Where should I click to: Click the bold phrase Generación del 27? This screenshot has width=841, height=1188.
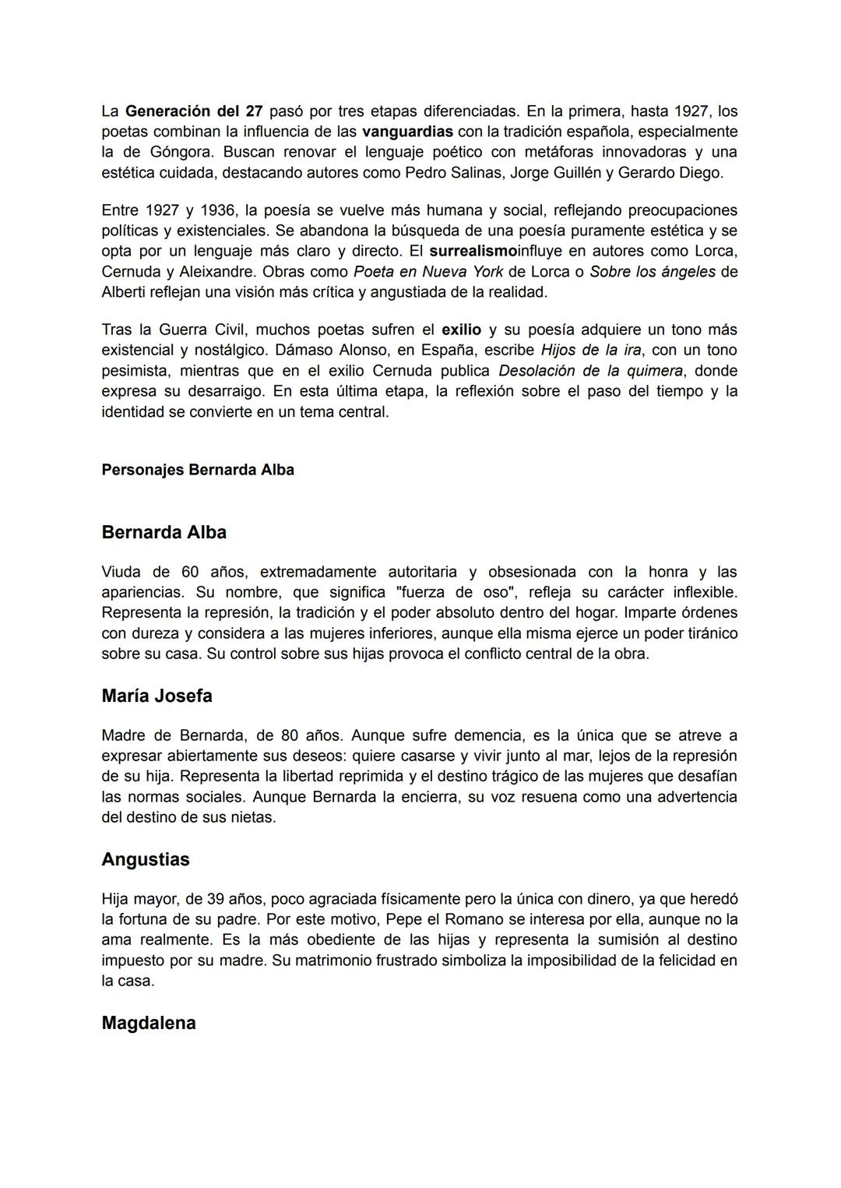tap(193, 111)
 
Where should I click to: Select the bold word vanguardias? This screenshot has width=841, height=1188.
tap(407, 131)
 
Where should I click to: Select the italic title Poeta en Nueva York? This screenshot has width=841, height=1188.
tap(428, 272)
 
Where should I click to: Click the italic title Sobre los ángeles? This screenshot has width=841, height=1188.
tap(652, 272)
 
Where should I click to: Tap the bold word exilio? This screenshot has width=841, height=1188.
tap(461, 330)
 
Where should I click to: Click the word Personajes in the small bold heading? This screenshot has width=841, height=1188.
tap(143, 470)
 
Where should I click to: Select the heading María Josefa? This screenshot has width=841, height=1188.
tap(157, 696)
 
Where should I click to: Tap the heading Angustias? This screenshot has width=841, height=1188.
tap(146, 859)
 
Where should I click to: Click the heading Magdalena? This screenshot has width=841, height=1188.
tap(148, 1023)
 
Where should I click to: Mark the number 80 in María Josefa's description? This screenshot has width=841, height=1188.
tap(289, 735)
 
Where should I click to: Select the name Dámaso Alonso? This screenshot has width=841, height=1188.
tap(333, 350)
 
